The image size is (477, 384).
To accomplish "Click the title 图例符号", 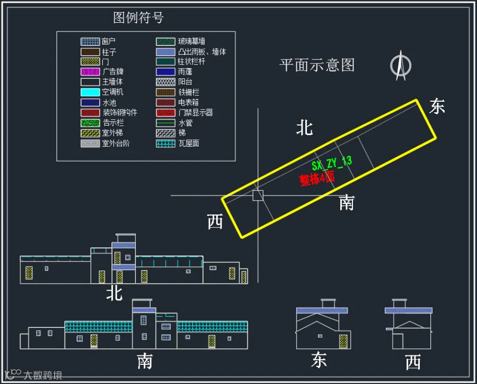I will click(138, 17).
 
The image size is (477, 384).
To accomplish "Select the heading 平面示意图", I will click(317, 65).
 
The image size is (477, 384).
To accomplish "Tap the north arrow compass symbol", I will click(400, 65).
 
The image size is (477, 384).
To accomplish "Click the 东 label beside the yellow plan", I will click(437, 106).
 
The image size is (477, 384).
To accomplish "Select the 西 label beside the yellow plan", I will click(215, 222).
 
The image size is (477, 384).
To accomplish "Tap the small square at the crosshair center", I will click(258, 195).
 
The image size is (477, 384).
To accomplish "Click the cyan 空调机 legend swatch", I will click(90, 92).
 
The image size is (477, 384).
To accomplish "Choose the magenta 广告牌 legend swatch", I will click(90, 72).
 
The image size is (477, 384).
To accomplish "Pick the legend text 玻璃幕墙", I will click(192, 41).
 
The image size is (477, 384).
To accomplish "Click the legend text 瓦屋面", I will click(189, 143).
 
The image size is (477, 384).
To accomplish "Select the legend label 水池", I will click(109, 102).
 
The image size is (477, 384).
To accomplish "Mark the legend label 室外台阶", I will click(116, 143).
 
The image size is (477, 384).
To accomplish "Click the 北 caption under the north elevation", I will click(114, 293).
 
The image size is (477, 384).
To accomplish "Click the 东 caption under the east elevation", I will click(319, 361).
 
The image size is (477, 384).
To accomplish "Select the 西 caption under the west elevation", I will click(413, 362).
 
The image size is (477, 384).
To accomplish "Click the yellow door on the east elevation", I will click(343, 341).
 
